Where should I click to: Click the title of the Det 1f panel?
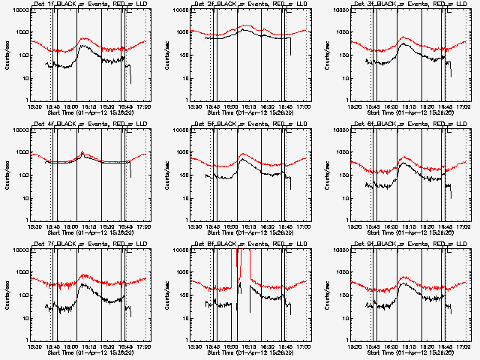[x=91, y=5]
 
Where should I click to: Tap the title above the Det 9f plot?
[x=410, y=244]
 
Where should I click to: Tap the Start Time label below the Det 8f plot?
[x=250, y=352]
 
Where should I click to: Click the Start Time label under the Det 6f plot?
[x=410, y=232]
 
